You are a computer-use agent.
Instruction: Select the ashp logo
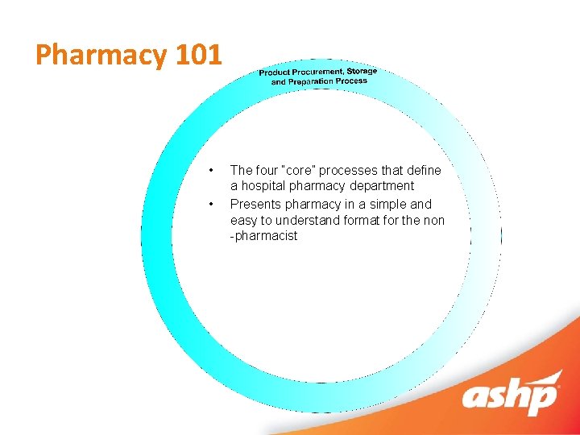[511, 396]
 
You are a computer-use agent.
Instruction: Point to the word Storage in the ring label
[362, 71]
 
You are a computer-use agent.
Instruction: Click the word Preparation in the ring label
[310, 81]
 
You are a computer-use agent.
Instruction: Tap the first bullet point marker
[210, 171]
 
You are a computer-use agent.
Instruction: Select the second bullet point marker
[210, 205]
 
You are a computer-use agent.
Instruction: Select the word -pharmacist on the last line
[263, 236]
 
